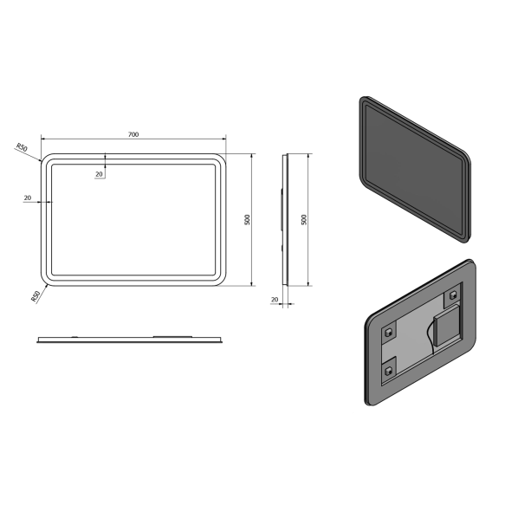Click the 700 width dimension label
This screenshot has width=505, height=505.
(133, 134)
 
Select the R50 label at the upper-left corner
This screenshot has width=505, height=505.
(22, 147)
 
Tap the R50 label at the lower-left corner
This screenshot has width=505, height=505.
(36, 296)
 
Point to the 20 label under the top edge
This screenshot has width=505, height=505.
(99, 174)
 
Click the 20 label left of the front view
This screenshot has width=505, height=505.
(28, 197)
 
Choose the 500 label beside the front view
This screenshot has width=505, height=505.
(248, 220)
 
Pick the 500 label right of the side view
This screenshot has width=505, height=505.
(304, 220)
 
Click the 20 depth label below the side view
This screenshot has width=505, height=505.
(275, 300)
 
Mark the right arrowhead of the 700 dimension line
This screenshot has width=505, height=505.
(223, 139)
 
